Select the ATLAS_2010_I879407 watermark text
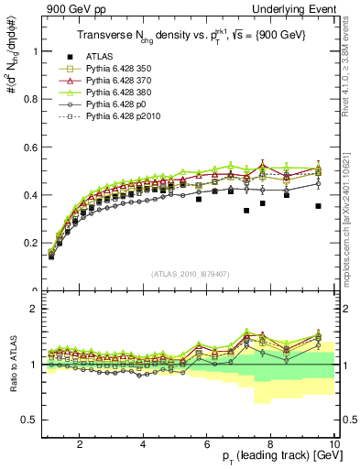click(x=191, y=274)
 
